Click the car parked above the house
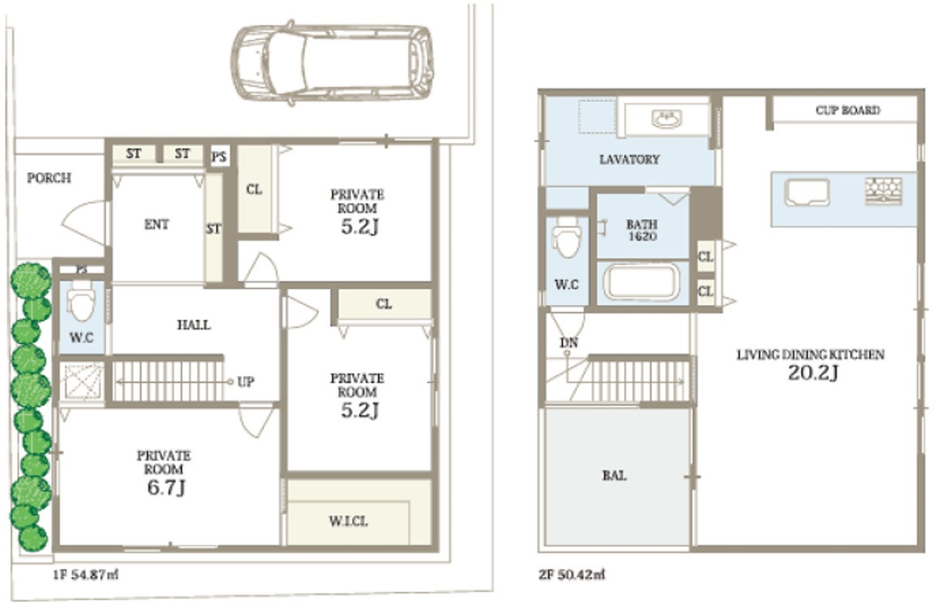(x=332, y=63)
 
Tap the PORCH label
(x=49, y=178)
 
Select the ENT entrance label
(x=156, y=224)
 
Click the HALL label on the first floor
(x=194, y=324)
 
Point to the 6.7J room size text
(x=166, y=487)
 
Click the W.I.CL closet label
(x=349, y=521)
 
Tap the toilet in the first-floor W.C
(x=81, y=300)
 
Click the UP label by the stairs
(x=246, y=381)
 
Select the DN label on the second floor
(x=569, y=343)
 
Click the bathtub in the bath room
(x=641, y=282)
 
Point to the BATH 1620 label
(x=642, y=230)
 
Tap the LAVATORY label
(x=630, y=159)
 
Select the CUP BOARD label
(x=847, y=110)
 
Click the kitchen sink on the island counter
(x=808, y=192)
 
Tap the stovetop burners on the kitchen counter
(x=884, y=191)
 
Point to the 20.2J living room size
(x=813, y=373)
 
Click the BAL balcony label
(x=614, y=475)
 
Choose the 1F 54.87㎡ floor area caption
(x=85, y=575)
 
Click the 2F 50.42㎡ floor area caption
(x=572, y=575)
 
